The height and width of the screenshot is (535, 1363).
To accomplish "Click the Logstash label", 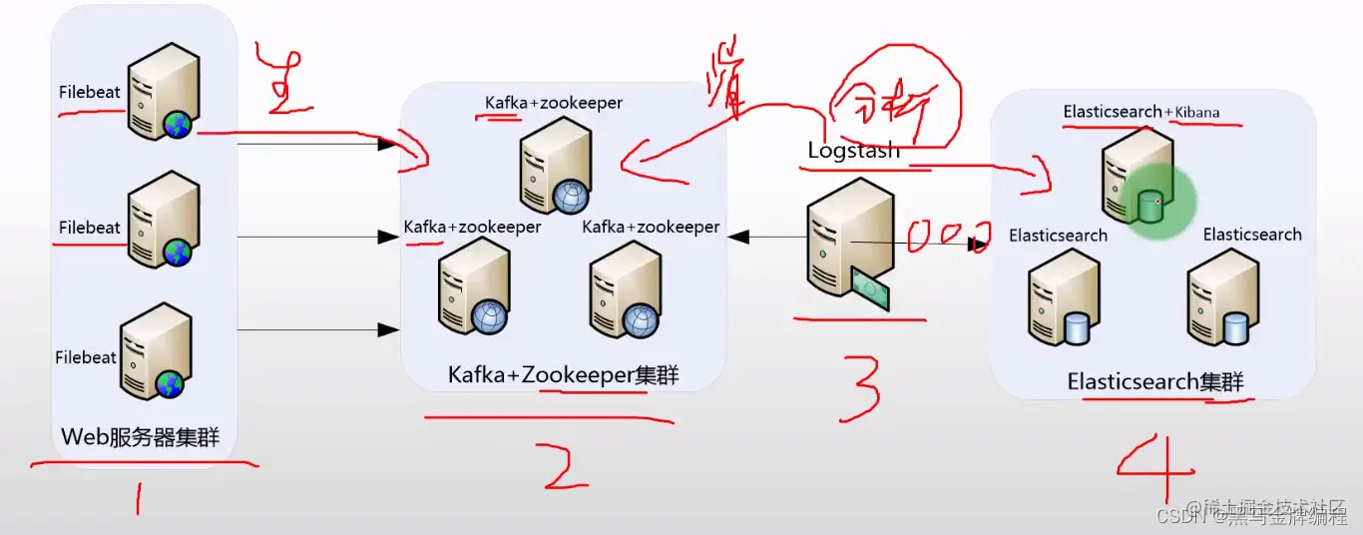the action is [x=853, y=151].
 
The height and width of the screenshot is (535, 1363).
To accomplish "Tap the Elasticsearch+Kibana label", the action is [x=1140, y=112].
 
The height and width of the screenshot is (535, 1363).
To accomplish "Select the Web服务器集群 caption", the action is [x=140, y=436].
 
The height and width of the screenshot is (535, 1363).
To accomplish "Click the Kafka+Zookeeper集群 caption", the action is [x=563, y=375].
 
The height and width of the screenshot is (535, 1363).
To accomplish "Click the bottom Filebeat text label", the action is [x=86, y=357].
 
